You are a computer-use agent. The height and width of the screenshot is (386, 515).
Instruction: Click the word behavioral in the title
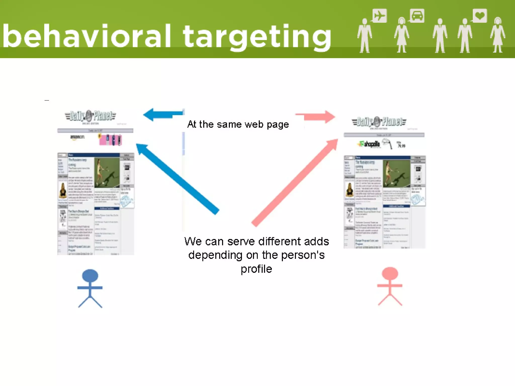[87, 36]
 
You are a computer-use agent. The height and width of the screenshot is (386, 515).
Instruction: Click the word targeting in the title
[257, 38]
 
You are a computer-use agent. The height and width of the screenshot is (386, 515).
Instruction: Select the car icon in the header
[417, 16]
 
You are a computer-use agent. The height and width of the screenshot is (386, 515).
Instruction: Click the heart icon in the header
[480, 16]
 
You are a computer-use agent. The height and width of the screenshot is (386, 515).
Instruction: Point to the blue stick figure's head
[90, 275]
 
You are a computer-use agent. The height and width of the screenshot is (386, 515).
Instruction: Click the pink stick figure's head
[390, 273]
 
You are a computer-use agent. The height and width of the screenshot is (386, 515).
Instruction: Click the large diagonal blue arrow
[177, 179]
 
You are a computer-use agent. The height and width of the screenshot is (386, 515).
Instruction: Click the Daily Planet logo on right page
[379, 122]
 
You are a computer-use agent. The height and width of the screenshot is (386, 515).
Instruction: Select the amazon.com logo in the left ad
[77, 137]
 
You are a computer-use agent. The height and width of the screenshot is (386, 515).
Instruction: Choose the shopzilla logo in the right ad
[369, 144]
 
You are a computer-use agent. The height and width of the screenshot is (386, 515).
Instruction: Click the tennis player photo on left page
[107, 173]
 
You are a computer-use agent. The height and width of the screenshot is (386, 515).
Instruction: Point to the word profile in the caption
[256, 269]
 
